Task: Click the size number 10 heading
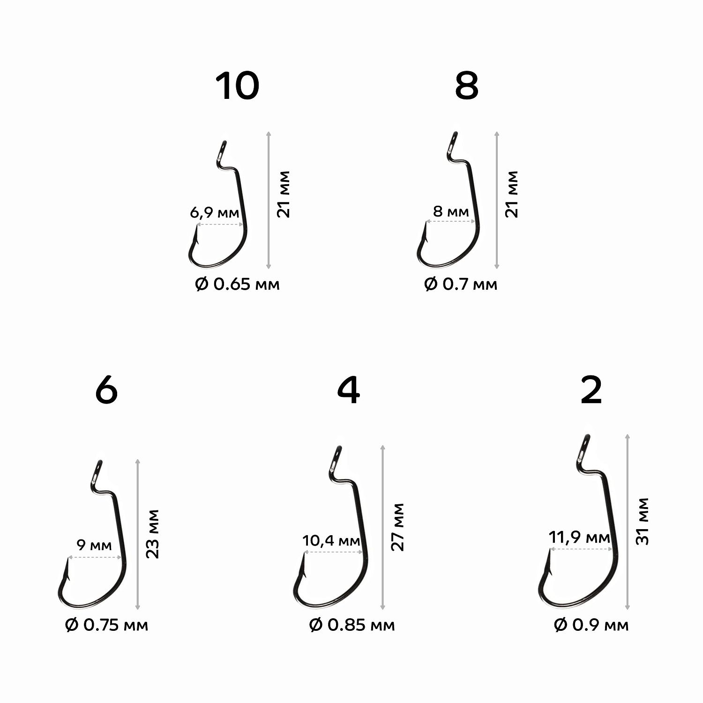pyautogui.click(x=237, y=86)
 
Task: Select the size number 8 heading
pyautogui.click(x=467, y=86)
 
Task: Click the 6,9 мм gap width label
pyautogui.click(x=214, y=213)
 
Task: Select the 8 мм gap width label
pyautogui.click(x=451, y=211)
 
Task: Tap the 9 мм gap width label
pyautogui.click(x=94, y=545)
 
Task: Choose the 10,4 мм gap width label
pyautogui.click(x=331, y=541)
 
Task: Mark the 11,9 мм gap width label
pyautogui.click(x=579, y=538)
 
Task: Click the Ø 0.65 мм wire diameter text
pyautogui.click(x=237, y=284)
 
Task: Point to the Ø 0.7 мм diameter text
pyautogui.click(x=461, y=284)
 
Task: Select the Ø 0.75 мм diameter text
pyautogui.click(x=106, y=625)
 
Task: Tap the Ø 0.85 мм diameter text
pyautogui.click(x=352, y=625)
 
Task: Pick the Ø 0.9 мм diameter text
pyautogui.click(x=591, y=625)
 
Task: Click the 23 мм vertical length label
pyautogui.click(x=153, y=533)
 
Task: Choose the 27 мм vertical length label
pyautogui.click(x=397, y=527)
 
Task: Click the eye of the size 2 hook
pyautogui.click(x=584, y=448)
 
